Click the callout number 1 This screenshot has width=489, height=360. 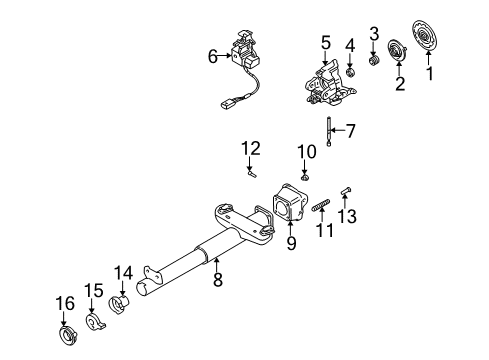click(x=432, y=75)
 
